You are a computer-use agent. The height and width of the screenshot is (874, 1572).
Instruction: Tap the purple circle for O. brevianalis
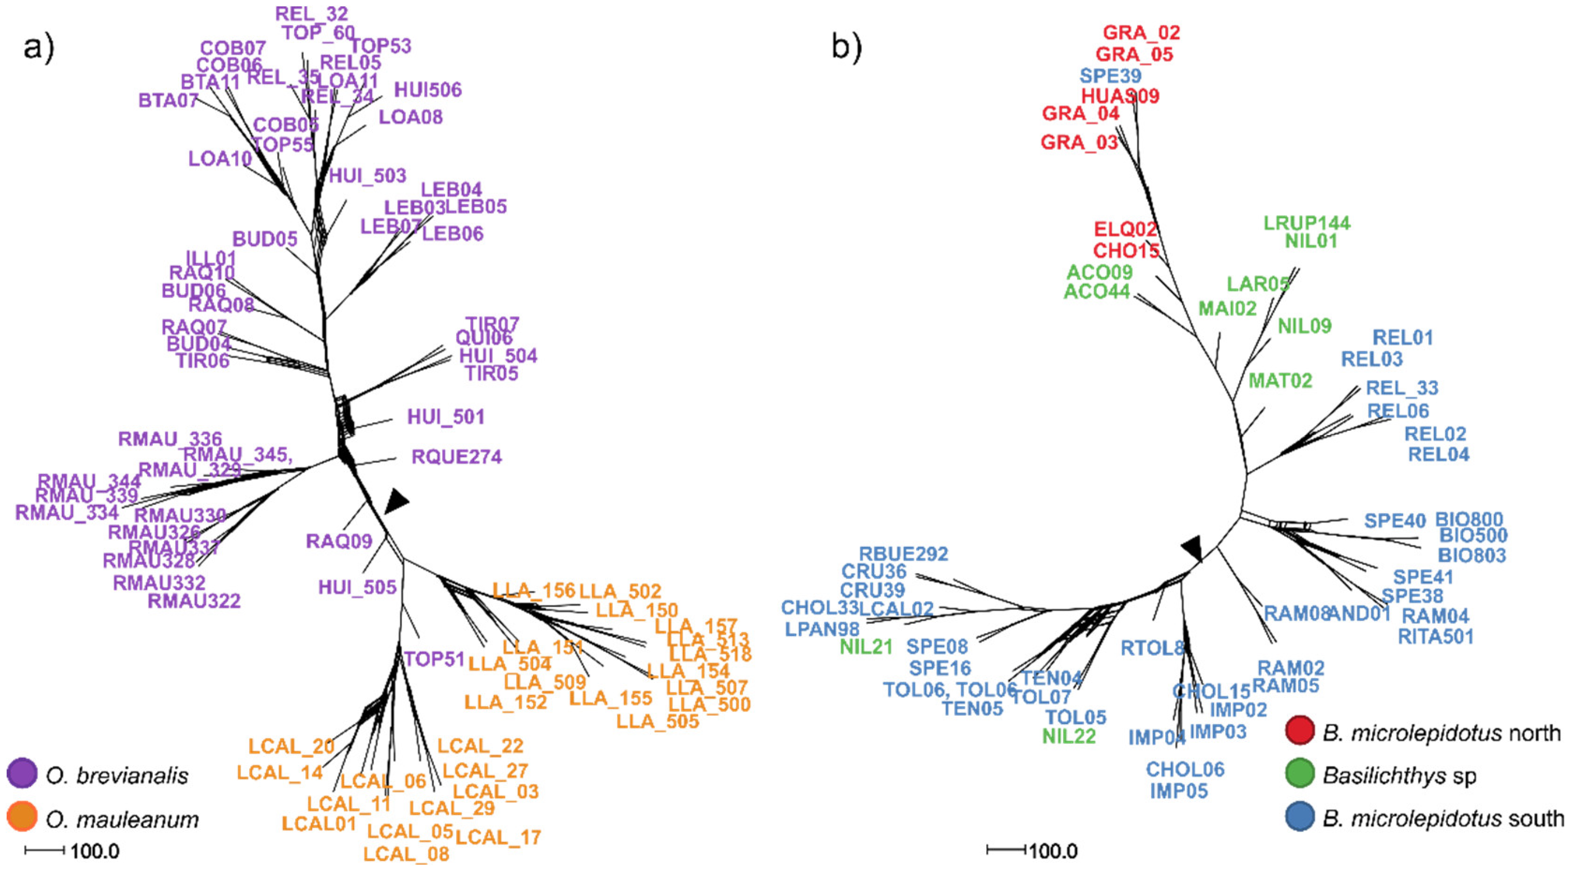pos(22,773)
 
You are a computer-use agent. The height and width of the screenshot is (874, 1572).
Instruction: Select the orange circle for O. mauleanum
pos(22,817)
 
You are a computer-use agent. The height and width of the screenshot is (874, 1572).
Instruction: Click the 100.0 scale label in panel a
pos(95,850)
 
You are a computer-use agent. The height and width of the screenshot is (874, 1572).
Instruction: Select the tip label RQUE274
pos(457,457)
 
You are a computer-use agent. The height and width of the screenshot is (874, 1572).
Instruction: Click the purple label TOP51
pos(435,659)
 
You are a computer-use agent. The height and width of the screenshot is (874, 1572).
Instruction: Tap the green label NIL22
pos(1069,736)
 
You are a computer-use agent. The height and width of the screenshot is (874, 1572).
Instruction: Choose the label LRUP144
pos(1306,223)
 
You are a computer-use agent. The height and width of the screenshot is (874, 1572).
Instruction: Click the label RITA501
pos(1435,637)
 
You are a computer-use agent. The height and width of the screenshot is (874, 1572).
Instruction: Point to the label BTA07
pos(169,100)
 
